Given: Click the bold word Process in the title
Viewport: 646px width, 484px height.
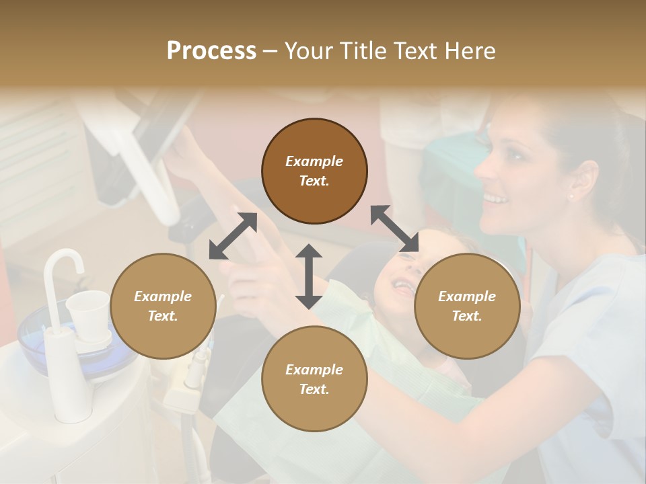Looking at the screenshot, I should [211, 50].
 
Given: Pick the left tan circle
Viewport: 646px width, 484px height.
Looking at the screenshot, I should [163, 306].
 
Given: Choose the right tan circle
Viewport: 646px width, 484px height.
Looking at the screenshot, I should [467, 306].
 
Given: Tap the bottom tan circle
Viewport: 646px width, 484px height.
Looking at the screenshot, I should [314, 378].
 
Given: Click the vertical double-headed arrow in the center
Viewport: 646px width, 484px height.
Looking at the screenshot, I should [309, 276].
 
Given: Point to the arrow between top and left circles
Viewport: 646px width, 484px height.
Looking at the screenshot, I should [233, 236].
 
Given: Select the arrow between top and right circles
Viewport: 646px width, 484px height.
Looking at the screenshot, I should [395, 229].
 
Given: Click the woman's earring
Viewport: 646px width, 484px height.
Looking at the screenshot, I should [571, 197].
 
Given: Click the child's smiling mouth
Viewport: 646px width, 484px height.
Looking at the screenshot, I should [402, 288].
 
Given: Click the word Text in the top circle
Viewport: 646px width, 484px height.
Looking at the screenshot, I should [314, 181].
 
